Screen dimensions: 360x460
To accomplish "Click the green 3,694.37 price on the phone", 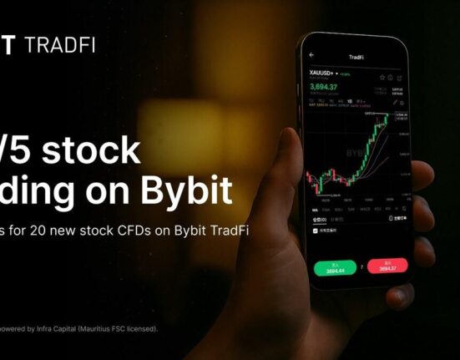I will coord(323,87).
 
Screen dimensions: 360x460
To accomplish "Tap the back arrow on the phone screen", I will coord(311,55).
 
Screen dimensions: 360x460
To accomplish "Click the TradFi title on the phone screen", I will coord(356,57).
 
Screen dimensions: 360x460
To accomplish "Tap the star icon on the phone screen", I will coord(382,77).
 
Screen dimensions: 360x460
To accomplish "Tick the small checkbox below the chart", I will coord(316,231).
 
